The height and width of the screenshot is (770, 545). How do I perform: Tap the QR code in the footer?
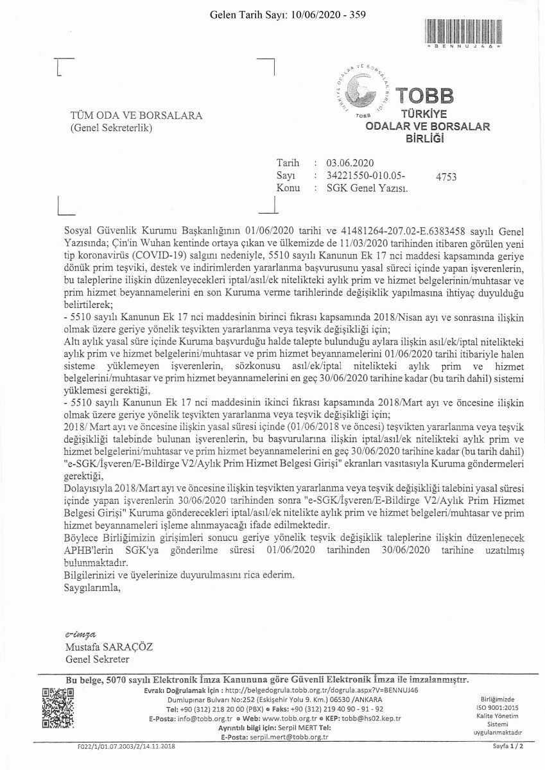point(58,708)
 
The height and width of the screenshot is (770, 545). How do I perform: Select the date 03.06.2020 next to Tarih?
point(350,163)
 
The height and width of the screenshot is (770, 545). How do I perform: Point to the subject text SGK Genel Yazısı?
point(367,188)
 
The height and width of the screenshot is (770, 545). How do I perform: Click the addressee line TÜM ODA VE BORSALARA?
point(136,116)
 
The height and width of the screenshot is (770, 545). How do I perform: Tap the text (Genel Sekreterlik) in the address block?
point(111,128)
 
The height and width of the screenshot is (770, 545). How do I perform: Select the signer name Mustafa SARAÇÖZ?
point(109,647)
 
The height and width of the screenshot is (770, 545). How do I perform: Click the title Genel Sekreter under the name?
point(98,659)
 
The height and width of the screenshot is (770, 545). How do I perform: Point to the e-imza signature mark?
point(81,634)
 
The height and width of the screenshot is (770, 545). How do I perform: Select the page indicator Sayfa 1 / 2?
point(508,746)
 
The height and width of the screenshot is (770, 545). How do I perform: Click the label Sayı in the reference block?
point(285,175)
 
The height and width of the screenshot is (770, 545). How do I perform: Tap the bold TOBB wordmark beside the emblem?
point(424,96)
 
